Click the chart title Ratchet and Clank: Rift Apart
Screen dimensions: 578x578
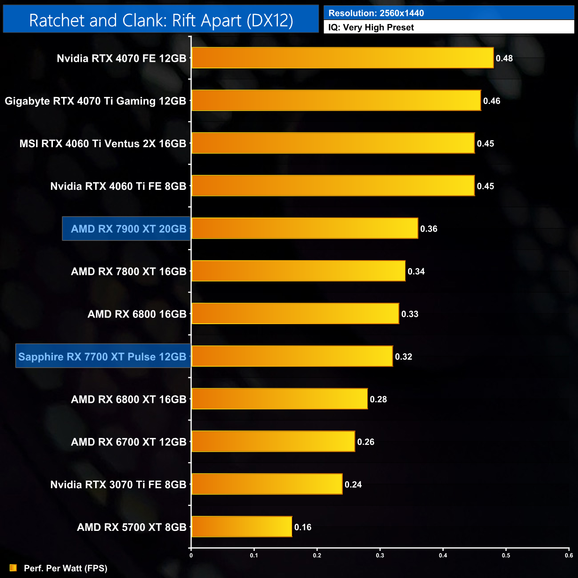(161, 20)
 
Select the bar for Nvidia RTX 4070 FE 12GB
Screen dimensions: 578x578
(342, 58)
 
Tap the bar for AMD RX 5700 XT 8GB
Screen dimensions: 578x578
(241, 527)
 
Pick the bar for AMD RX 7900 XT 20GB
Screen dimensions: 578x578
(305, 229)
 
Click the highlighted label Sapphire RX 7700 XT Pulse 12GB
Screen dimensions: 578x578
(103, 357)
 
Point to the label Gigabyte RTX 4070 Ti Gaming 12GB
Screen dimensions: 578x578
(96, 101)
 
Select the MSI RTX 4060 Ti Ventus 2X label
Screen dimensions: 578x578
(103, 144)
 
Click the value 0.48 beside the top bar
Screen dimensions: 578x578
(504, 58)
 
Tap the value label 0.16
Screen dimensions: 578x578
(303, 527)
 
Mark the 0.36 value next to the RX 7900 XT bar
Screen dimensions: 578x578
(429, 229)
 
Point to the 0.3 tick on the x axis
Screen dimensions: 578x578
(380, 555)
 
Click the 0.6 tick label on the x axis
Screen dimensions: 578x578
(569, 555)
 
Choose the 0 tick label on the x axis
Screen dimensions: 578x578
(191, 555)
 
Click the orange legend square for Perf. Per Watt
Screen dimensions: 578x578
(13, 568)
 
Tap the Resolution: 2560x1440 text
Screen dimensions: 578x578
(376, 13)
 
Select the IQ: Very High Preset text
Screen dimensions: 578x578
(371, 28)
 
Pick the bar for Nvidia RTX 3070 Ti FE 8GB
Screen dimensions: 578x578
(267, 484)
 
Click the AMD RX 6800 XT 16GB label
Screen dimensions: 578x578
(128, 399)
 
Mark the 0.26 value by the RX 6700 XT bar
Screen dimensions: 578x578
(365, 442)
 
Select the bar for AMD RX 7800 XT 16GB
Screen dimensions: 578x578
(298, 271)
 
